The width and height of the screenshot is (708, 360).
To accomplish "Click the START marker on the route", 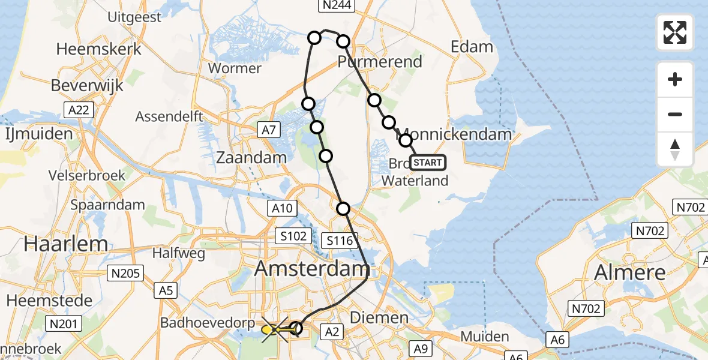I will [x=428, y=163].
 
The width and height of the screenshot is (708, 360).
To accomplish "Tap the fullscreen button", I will [x=675, y=32].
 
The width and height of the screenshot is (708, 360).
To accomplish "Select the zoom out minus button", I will [x=675, y=114].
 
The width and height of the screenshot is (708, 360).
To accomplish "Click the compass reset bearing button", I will [x=675, y=149].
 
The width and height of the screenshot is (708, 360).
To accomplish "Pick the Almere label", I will [x=629, y=273].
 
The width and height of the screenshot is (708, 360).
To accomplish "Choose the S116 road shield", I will [x=340, y=241].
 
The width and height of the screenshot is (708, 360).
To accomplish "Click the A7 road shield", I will [x=269, y=129].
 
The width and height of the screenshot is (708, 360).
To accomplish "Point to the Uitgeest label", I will [x=134, y=17].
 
